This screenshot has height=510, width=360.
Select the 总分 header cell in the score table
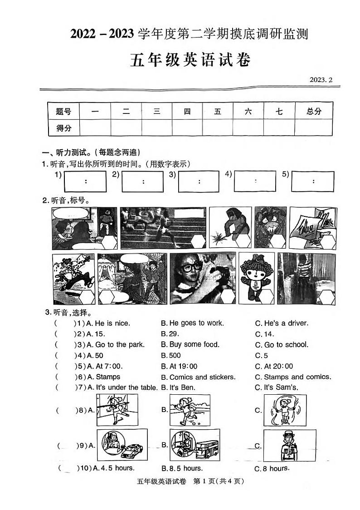pyautogui.click(x=314, y=111)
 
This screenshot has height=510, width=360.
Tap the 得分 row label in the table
pyautogui.click(x=63, y=128)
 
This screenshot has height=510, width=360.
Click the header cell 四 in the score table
pyautogui.click(x=187, y=111)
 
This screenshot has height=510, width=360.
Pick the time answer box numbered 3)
pyautogui.click(x=199, y=181)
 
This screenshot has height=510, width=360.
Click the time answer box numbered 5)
pyautogui.click(x=313, y=181)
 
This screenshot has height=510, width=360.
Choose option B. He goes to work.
pyautogui.click(x=192, y=323)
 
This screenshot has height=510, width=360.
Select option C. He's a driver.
pyautogui.click(x=282, y=323)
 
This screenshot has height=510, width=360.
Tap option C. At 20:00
pyautogui.click(x=274, y=366)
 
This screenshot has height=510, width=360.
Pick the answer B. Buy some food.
pyautogui.click(x=190, y=344)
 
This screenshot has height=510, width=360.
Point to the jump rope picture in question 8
pyautogui.click(x=285, y=410)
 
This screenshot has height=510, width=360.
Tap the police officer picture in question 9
pyautogui.click(x=289, y=445)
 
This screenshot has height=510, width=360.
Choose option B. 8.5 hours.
pyautogui.click(x=182, y=468)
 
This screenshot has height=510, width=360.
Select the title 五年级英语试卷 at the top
pyautogui.click(x=190, y=60)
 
